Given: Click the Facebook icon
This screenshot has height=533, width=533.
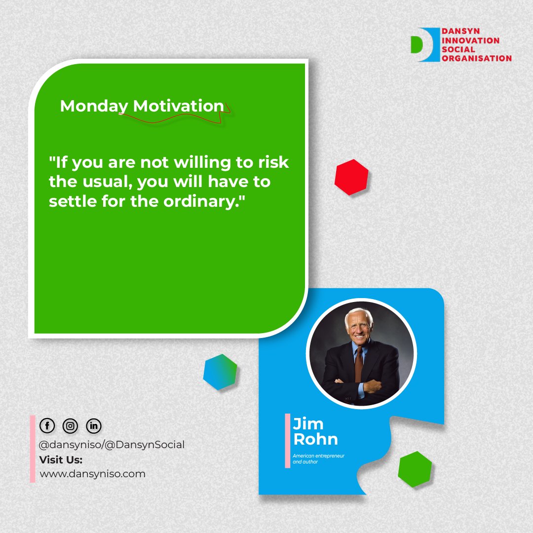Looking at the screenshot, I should (x=47, y=425).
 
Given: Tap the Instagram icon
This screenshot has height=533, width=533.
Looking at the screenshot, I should (x=71, y=425).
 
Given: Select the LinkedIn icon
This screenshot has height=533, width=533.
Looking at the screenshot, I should (x=94, y=425).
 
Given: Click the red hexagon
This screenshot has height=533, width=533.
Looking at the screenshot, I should (x=351, y=177).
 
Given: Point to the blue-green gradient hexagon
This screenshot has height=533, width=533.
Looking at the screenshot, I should (x=220, y=372).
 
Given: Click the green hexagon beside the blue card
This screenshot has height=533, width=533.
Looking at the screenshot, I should (x=415, y=469).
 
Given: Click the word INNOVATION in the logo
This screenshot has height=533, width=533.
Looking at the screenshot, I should (x=471, y=40).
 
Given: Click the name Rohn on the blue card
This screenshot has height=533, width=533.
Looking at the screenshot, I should (x=315, y=439).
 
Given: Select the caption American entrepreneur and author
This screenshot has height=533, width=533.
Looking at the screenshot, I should (x=318, y=458).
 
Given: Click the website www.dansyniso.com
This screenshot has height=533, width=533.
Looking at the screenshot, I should (x=92, y=474).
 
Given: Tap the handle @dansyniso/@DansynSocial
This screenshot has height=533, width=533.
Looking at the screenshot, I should (x=112, y=445).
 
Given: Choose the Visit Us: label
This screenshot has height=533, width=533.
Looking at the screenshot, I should (x=61, y=459).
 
